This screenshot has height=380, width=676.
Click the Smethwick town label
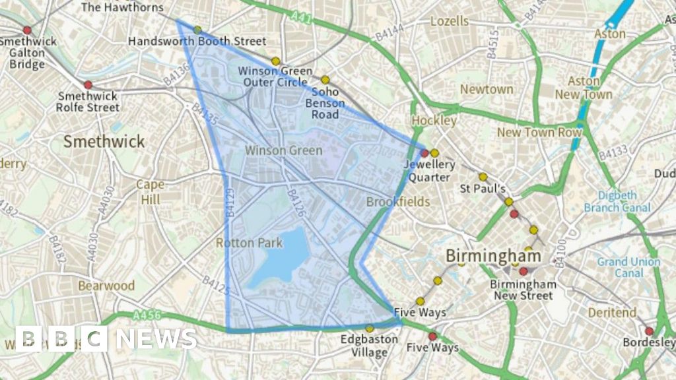104,141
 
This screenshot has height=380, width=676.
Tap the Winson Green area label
283,150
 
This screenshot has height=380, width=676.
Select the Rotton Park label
249,243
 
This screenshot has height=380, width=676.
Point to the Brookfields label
397,201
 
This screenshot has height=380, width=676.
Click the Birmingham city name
493,255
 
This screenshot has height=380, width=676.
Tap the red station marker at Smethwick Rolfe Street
88,84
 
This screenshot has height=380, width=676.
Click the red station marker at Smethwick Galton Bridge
27,30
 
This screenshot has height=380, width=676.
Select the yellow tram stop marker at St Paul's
483,177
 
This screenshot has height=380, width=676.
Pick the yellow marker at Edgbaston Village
369,328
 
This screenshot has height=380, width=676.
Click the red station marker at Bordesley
649,331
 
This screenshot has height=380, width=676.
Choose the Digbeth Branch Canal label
617,201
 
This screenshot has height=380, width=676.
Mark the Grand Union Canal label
628,267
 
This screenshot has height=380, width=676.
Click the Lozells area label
449,21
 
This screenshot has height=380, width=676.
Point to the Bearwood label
106,286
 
